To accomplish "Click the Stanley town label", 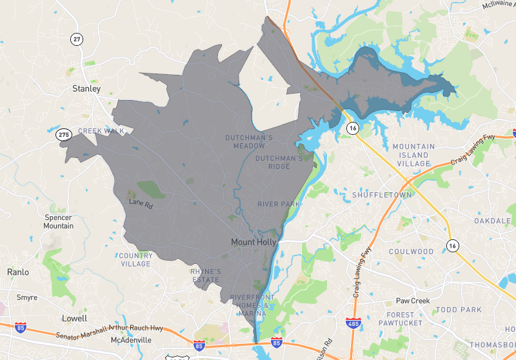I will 86,88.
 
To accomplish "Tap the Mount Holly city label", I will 253,242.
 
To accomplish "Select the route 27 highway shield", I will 77,39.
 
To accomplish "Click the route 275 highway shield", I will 63,134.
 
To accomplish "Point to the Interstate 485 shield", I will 352,321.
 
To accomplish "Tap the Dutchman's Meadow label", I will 249,141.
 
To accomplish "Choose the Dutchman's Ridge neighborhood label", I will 279,162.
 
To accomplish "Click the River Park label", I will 279,204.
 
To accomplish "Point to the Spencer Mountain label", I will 58,221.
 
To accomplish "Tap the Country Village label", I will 135,259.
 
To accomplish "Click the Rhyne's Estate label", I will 206,275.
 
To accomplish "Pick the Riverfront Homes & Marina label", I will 252,305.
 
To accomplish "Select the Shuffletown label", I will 377,195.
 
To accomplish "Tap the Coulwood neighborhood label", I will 411,251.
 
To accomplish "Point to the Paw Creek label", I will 412,301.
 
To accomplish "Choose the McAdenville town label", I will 131,339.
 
